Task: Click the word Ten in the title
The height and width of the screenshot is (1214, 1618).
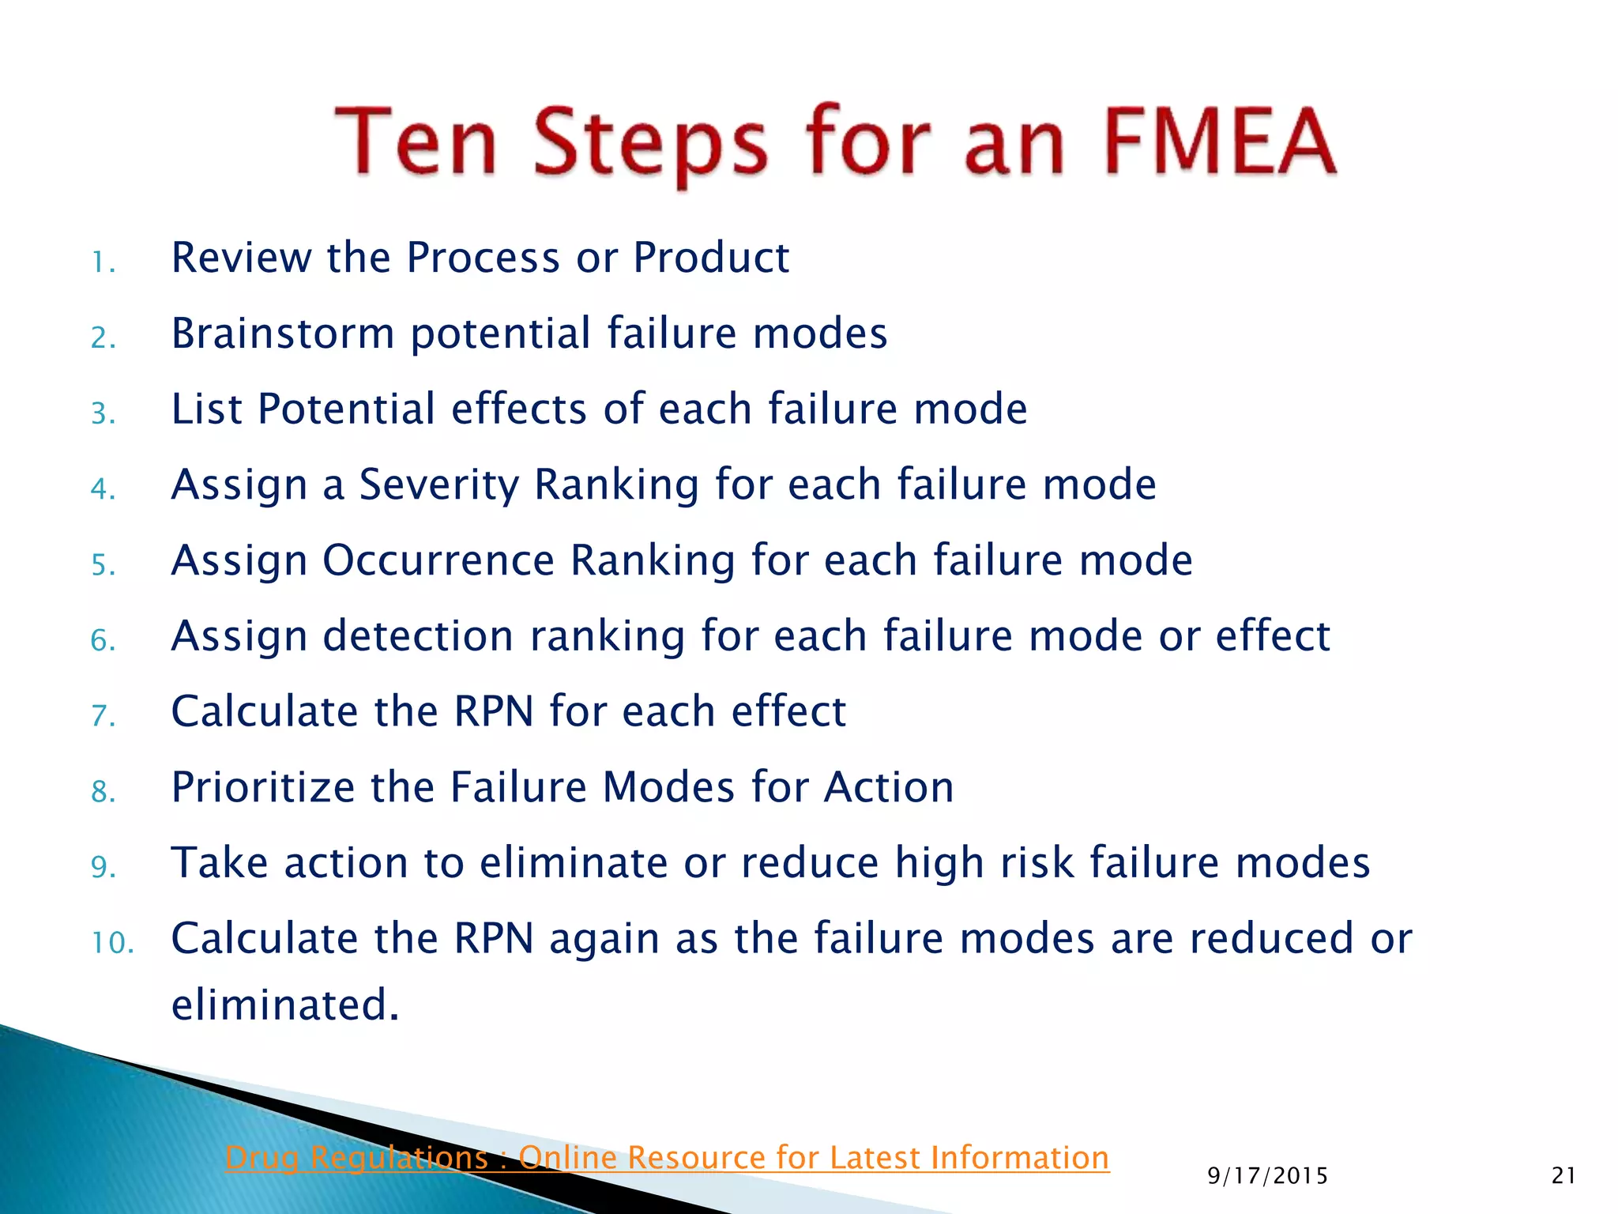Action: pos(416,142)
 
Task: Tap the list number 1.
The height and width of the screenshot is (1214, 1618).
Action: pos(103,262)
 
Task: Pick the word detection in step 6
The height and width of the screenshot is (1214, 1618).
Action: pos(419,635)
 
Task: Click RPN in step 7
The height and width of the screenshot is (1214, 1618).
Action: pos(494,711)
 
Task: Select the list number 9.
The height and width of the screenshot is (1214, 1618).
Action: pos(103,867)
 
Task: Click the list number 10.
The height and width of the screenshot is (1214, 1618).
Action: pos(111,943)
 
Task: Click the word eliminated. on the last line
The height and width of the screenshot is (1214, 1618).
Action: pos(285,1005)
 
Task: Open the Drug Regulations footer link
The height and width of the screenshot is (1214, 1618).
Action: pos(667,1158)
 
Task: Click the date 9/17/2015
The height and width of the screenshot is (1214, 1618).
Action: pos(1267,1176)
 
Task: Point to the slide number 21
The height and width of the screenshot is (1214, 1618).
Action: pos(1563,1176)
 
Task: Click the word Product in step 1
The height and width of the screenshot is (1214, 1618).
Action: pos(711,258)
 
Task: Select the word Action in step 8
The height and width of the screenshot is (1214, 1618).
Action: pos(889,787)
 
